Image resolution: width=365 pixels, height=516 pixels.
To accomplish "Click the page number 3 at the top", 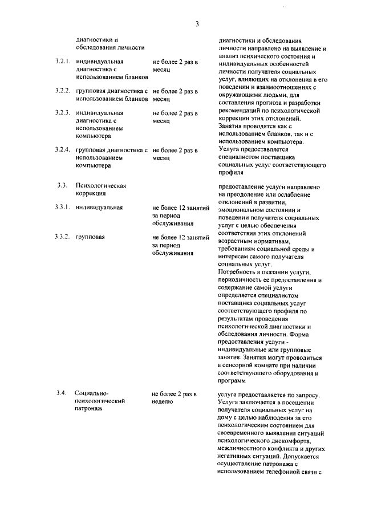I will tap(197, 24).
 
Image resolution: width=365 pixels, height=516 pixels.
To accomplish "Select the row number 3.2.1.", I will tap(63, 61).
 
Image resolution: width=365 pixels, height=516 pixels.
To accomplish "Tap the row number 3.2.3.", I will tap(63, 113).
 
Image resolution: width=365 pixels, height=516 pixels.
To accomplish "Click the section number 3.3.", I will tap(63, 186).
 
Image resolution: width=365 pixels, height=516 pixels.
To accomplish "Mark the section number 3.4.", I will tap(63, 393).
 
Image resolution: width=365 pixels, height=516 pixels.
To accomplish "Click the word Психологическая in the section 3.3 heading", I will tap(100, 186).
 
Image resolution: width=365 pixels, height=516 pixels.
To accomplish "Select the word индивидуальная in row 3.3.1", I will tap(99, 208).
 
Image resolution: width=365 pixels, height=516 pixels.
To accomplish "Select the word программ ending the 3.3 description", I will tap(233, 380).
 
